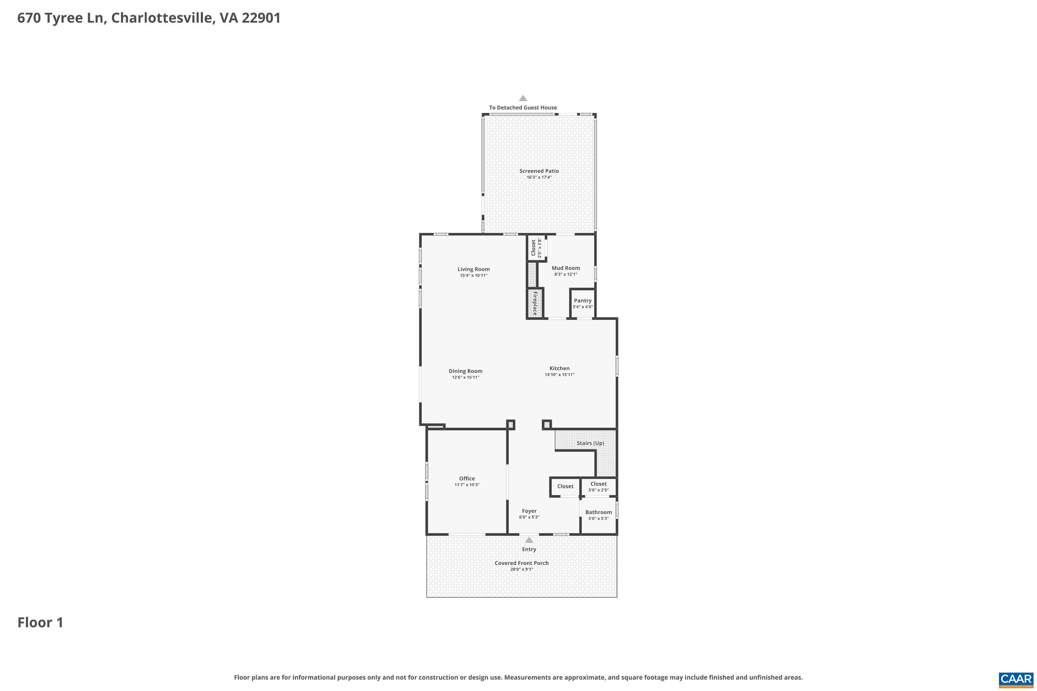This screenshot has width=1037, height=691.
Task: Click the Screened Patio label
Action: [x=539, y=171]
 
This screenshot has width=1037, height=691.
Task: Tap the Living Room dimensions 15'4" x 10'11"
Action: [x=474, y=275]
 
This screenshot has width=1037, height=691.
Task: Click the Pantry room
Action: [x=582, y=303]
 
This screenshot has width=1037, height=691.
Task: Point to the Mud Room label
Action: [x=566, y=268]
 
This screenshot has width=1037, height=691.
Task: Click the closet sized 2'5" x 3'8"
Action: [x=536, y=248]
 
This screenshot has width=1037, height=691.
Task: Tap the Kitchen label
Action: [x=559, y=368]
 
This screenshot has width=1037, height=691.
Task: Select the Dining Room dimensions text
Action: [x=465, y=377]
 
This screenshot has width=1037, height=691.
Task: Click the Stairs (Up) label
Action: [x=590, y=443]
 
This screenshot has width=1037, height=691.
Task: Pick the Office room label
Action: [x=467, y=478]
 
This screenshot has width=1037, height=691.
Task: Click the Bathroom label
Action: [x=598, y=512]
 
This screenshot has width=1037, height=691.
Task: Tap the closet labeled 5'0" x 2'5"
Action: [x=598, y=486]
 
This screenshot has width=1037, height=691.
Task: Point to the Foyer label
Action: [x=529, y=511]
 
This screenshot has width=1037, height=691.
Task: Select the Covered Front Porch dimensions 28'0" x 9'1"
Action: [x=522, y=569]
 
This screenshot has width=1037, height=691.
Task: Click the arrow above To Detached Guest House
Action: [x=523, y=98]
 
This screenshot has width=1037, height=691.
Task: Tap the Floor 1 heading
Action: [x=40, y=622]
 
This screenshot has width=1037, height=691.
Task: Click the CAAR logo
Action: [x=1016, y=679]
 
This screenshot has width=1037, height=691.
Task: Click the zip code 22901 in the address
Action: [x=261, y=18]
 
